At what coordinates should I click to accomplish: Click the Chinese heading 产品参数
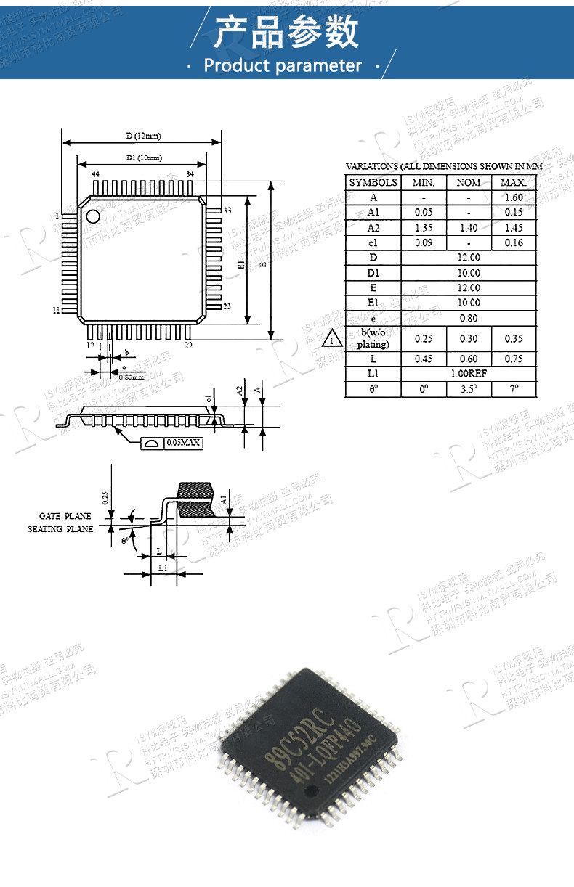coord(287,33)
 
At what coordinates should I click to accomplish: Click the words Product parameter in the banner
coord(283,65)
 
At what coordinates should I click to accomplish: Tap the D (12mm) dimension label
coord(142,136)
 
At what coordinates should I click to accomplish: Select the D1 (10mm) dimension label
coord(143,158)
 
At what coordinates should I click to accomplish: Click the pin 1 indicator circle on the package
coord(94,216)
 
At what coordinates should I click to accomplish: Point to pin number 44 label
coord(95,175)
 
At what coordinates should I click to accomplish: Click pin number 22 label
coord(188,346)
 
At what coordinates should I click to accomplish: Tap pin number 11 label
coord(56,311)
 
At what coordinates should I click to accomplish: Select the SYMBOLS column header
coord(373,182)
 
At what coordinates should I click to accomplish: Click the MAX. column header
coord(514,182)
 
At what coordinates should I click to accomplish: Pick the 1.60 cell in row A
coord(514,197)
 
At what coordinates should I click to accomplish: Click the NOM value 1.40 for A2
coord(469,227)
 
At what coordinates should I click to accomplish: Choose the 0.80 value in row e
coord(469,318)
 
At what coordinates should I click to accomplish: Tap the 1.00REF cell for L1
coord(469,374)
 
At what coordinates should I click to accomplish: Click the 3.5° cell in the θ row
coord(469,389)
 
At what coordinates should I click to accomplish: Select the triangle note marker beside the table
coord(331,339)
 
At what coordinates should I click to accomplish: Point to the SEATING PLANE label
coord(60,529)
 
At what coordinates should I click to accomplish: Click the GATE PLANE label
coord(65,516)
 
